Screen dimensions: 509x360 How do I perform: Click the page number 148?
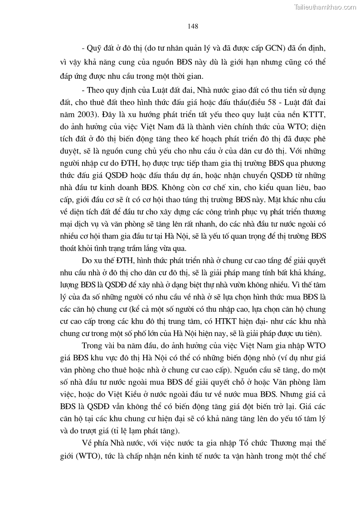[193, 26]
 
